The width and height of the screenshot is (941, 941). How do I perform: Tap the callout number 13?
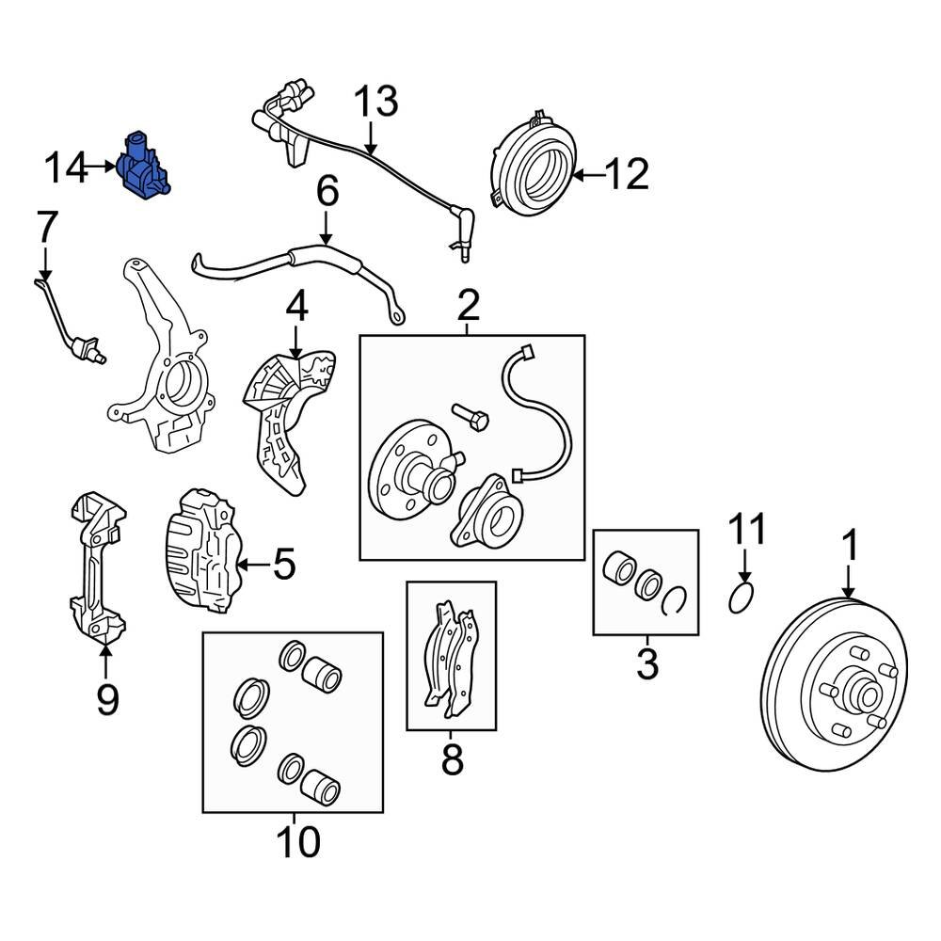coord(375,102)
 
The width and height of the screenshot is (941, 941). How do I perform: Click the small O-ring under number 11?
coord(742,597)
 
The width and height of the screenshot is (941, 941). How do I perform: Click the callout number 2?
coord(469,305)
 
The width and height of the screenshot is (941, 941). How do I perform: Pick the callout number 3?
coord(646,663)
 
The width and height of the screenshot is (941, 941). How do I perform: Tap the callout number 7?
coord(47,229)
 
